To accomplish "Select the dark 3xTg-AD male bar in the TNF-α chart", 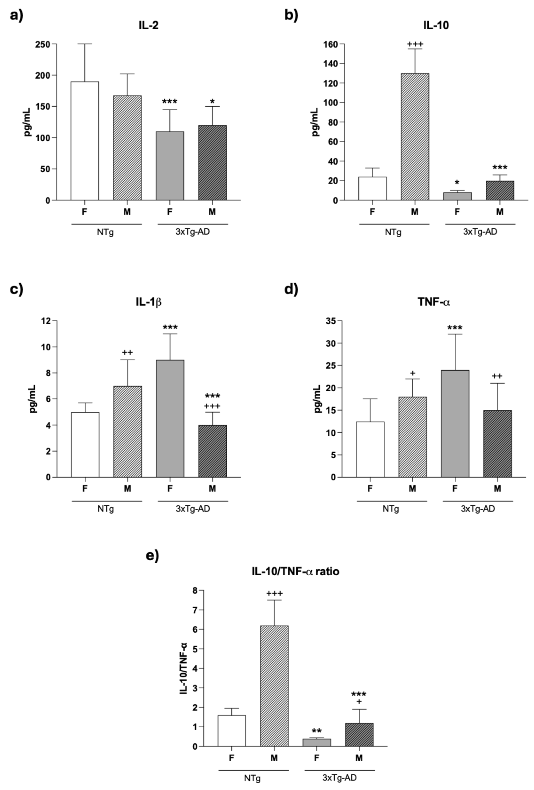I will click(x=497, y=444).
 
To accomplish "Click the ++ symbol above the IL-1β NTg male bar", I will click(x=127, y=353).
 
